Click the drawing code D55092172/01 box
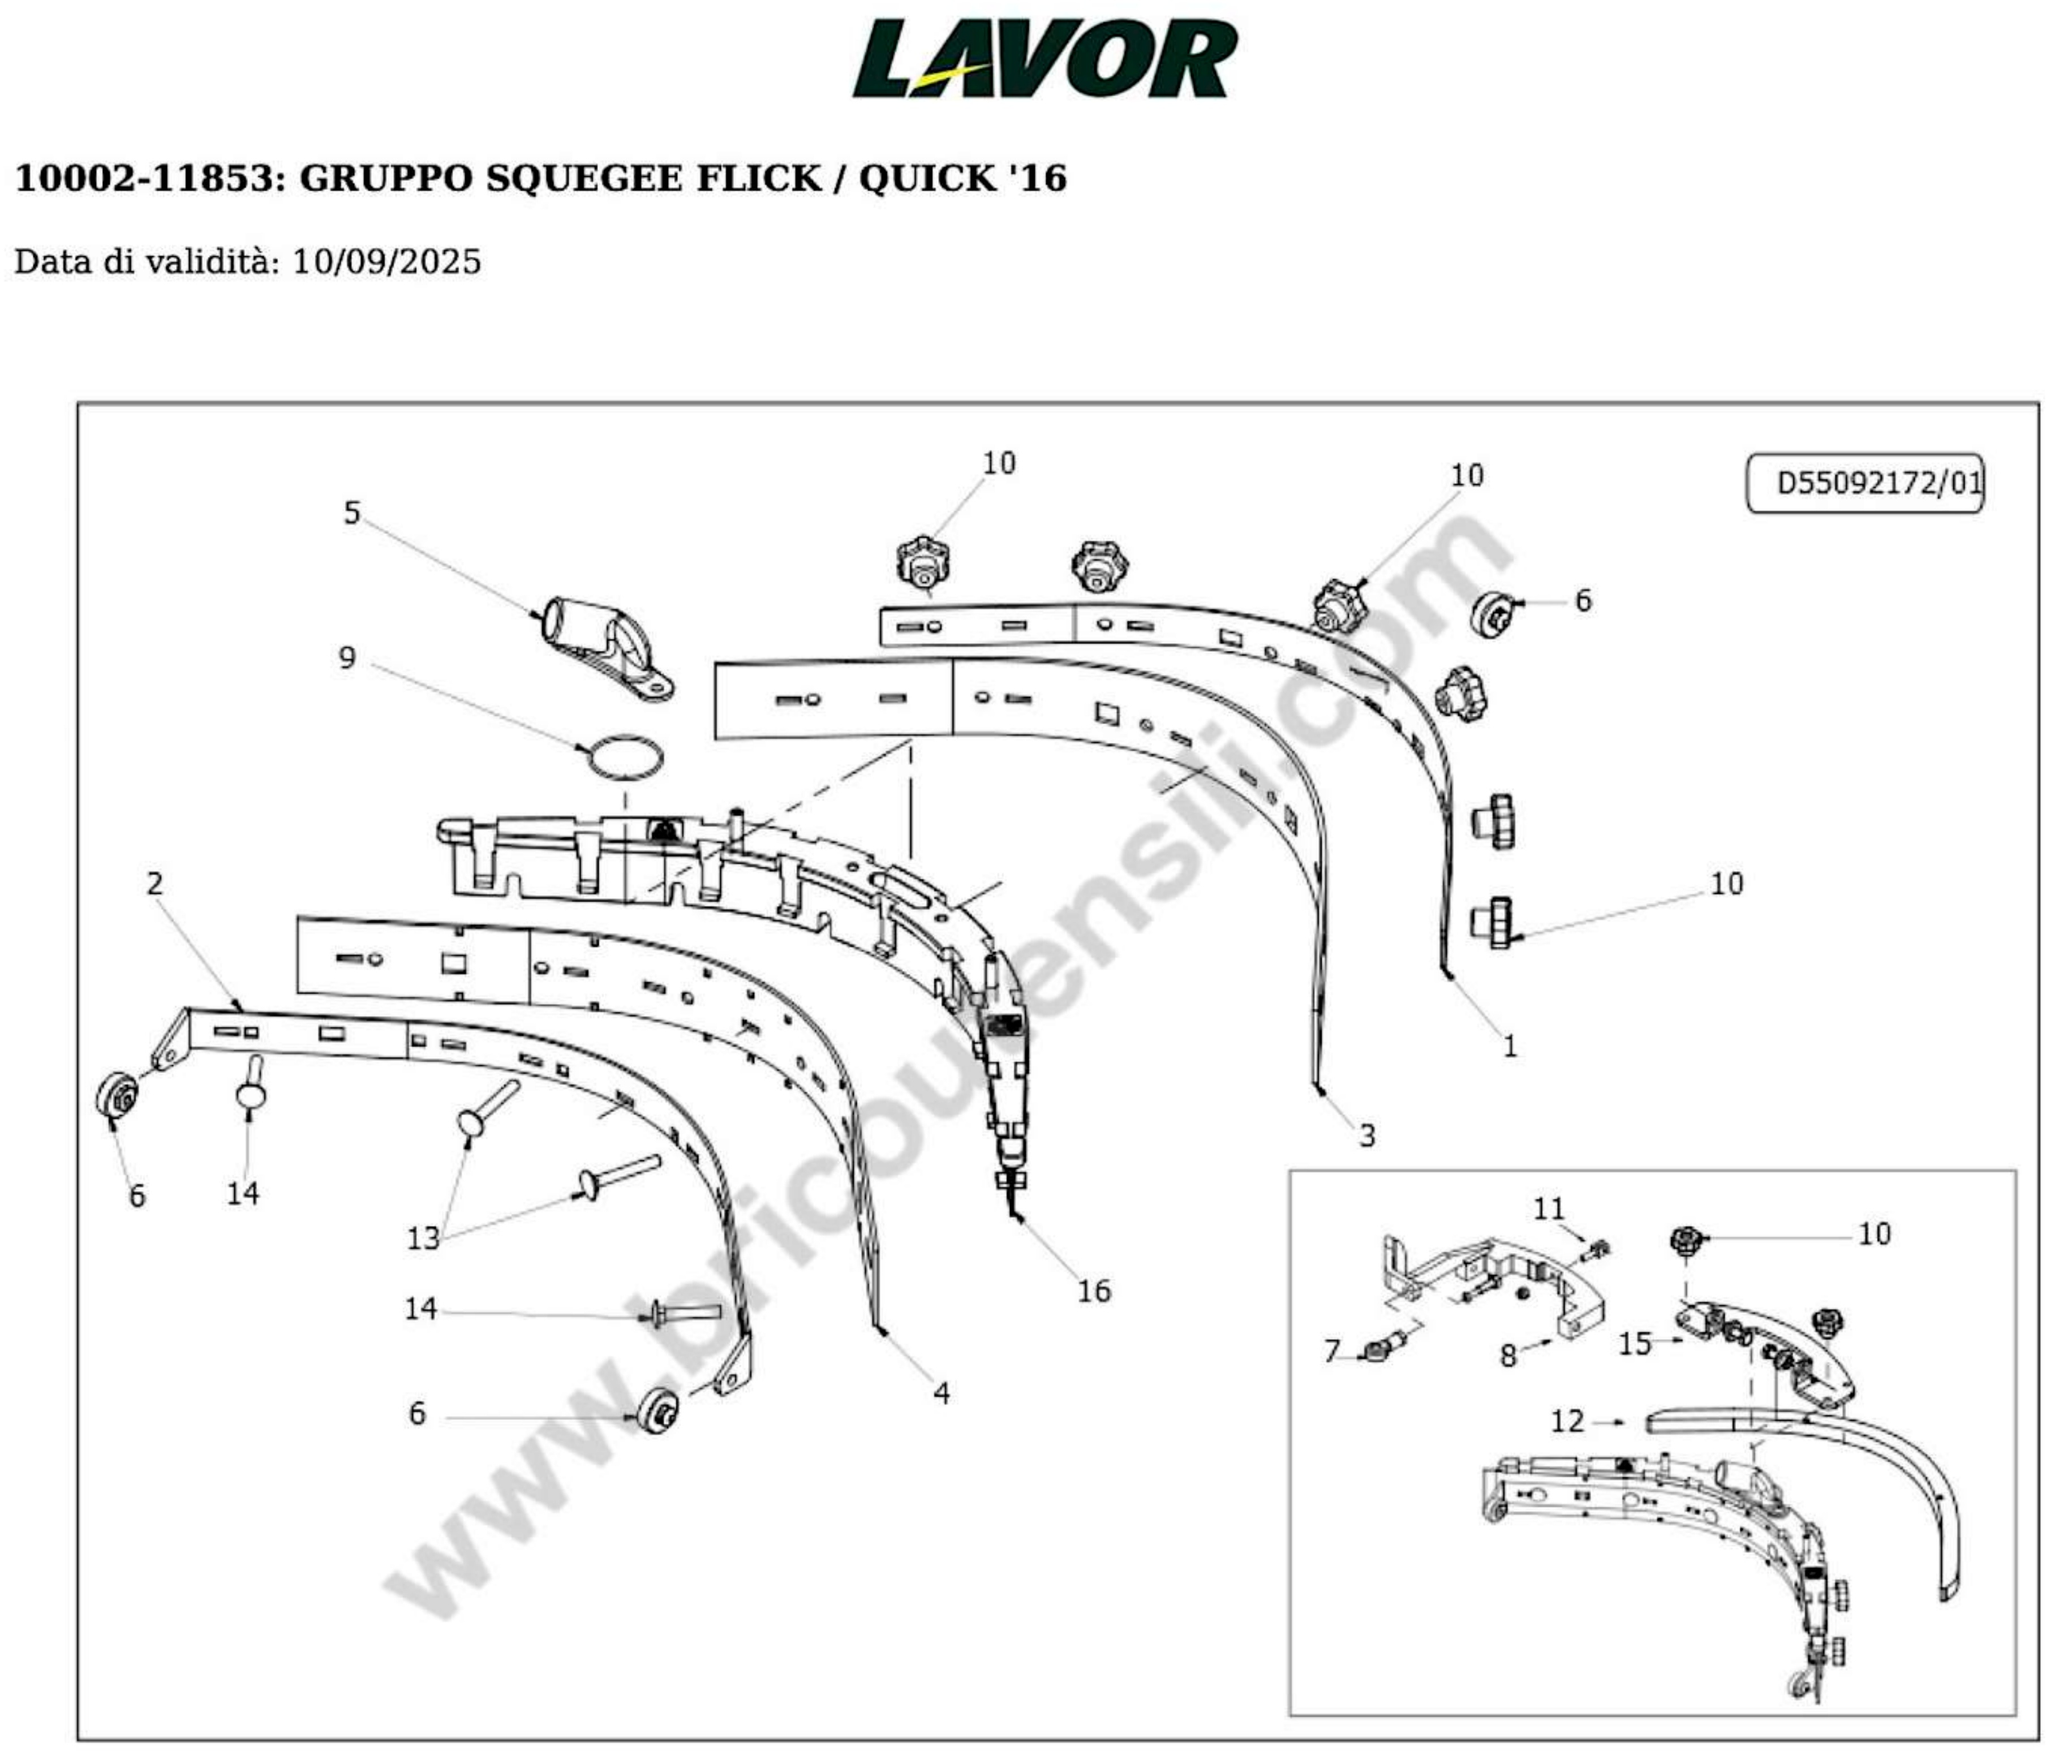click(x=1864, y=483)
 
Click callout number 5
click(x=351, y=513)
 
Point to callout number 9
click(x=347, y=658)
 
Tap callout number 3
click(x=1366, y=1135)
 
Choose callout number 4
click(x=941, y=1393)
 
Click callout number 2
click(x=155, y=883)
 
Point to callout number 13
click(x=423, y=1238)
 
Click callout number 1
click(x=1509, y=1046)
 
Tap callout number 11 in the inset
click(x=1548, y=1209)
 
